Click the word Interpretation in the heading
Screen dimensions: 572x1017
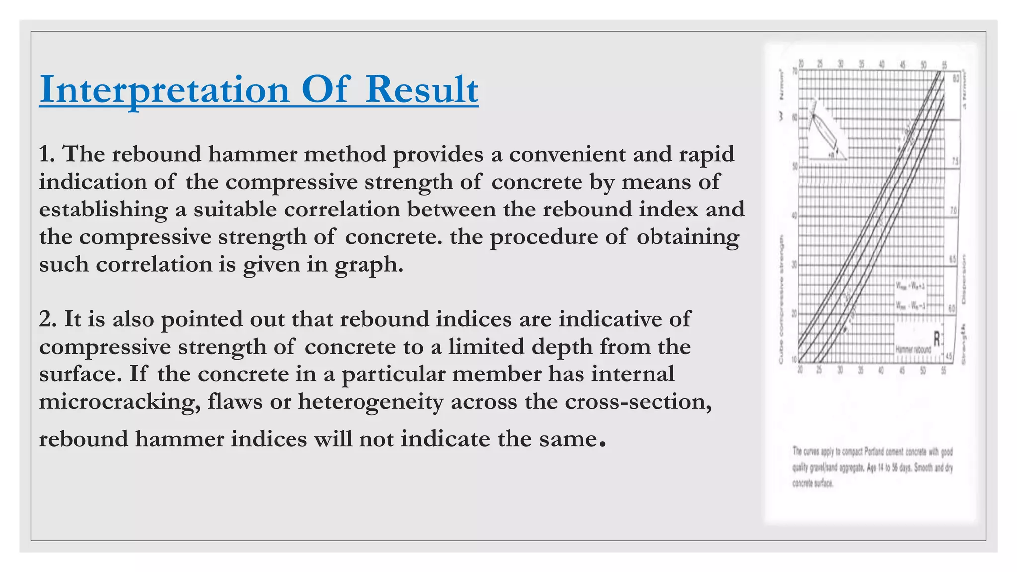pyautogui.click(x=164, y=90)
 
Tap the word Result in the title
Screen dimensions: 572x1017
pyautogui.click(x=422, y=90)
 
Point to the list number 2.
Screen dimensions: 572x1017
pyautogui.click(x=48, y=319)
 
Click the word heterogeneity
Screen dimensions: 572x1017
pyautogui.click(x=370, y=402)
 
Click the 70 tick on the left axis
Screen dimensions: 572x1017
pyautogui.click(x=794, y=71)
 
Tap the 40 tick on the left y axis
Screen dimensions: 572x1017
pyautogui.click(x=794, y=216)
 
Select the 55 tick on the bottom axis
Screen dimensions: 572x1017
pyautogui.click(x=943, y=371)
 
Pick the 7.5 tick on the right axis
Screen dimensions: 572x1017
pyautogui.click(x=955, y=162)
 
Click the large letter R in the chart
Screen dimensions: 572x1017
pyautogui.click(x=937, y=339)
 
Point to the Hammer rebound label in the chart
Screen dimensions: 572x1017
pyautogui.click(x=913, y=350)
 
